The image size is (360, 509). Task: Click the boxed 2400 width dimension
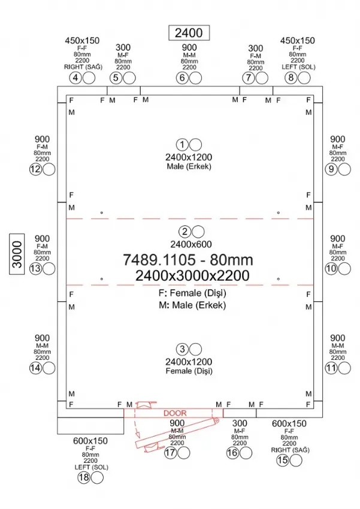coord(189,33)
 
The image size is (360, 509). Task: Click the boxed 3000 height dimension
coord(17,254)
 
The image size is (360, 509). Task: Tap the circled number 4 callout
coord(75,78)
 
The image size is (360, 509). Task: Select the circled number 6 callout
coord(182,78)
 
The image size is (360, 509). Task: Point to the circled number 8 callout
coord(291,78)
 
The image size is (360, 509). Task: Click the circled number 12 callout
coord(36,169)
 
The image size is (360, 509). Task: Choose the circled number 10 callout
coord(331,269)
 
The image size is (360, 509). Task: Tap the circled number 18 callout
coord(84,477)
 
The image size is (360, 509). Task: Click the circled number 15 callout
coord(282,460)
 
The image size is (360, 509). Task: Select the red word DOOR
coord(175,413)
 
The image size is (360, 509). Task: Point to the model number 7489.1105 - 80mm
coord(188,260)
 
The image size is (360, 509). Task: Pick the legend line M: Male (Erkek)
coord(192,305)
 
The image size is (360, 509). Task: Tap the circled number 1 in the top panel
coord(182,144)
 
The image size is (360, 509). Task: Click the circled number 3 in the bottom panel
coord(182,349)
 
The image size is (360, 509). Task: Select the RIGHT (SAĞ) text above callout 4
coord(83,67)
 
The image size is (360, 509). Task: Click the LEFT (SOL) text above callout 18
coord(91,467)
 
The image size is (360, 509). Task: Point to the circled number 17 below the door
coord(170,453)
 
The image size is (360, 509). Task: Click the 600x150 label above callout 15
coord(289,423)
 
